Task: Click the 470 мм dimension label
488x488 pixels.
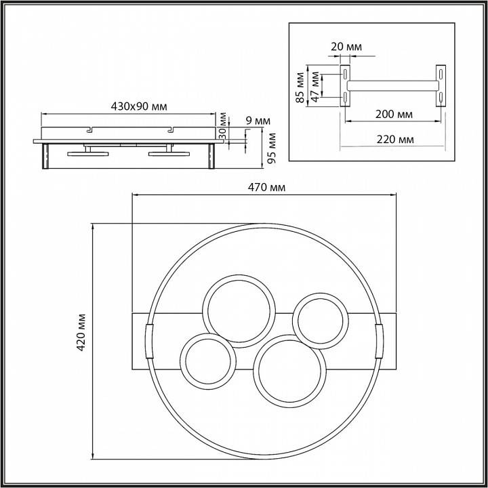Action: click(266, 187)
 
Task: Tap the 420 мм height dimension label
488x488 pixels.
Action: click(81, 332)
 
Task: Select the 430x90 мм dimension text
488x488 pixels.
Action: click(139, 106)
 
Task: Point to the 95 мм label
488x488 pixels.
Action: click(272, 148)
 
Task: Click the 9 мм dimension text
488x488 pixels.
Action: click(258, 121)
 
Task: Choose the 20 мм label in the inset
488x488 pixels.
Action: click(346, 47)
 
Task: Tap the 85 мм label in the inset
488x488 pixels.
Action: click(300, 87)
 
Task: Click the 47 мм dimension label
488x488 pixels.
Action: click(315, 87)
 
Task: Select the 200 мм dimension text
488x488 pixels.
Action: click(394, 115)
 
